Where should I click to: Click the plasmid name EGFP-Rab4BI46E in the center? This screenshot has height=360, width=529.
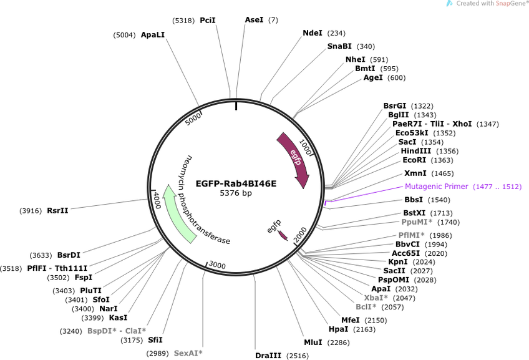coord(236,183)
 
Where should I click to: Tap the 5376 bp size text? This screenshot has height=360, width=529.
coord(236,193)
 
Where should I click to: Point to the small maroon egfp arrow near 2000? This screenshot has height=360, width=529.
coord(283,235)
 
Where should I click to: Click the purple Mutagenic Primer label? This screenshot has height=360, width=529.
coord(436,187)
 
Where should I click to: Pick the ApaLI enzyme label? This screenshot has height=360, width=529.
coord(152,35)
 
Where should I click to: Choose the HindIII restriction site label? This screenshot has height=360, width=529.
coord(415,151)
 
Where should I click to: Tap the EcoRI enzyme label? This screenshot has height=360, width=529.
coord(414,160)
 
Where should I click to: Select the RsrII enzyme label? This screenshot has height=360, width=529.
coord(57,210)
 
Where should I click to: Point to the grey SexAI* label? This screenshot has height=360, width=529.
coord(188,353)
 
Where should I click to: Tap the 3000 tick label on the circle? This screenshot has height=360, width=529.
coord(217,265)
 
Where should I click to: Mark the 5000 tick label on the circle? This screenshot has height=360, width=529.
coord(193,119)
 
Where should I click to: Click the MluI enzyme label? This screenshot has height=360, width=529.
coord(313,343)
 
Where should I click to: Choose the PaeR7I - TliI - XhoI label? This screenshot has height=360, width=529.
coord(432,124)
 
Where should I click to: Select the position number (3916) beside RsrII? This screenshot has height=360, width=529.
coord(31,211)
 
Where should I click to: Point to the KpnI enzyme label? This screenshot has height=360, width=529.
coord(398,262)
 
